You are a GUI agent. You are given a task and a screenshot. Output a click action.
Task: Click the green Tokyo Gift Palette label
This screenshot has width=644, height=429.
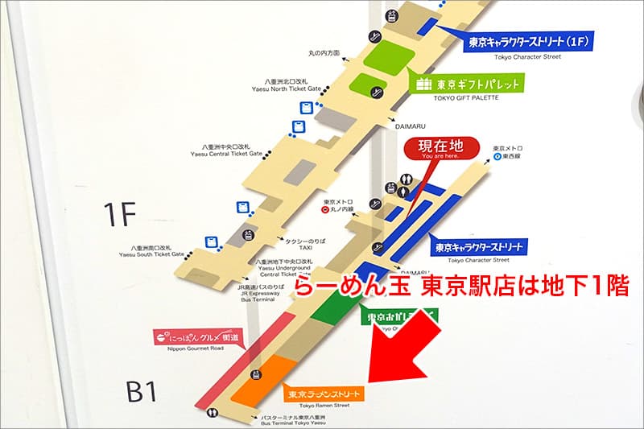point(468,83)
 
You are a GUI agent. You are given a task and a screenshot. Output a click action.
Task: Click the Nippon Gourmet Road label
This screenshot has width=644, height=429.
point(198,336)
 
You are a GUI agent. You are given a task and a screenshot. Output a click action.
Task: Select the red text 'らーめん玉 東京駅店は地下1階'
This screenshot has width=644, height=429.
point(460,287)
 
